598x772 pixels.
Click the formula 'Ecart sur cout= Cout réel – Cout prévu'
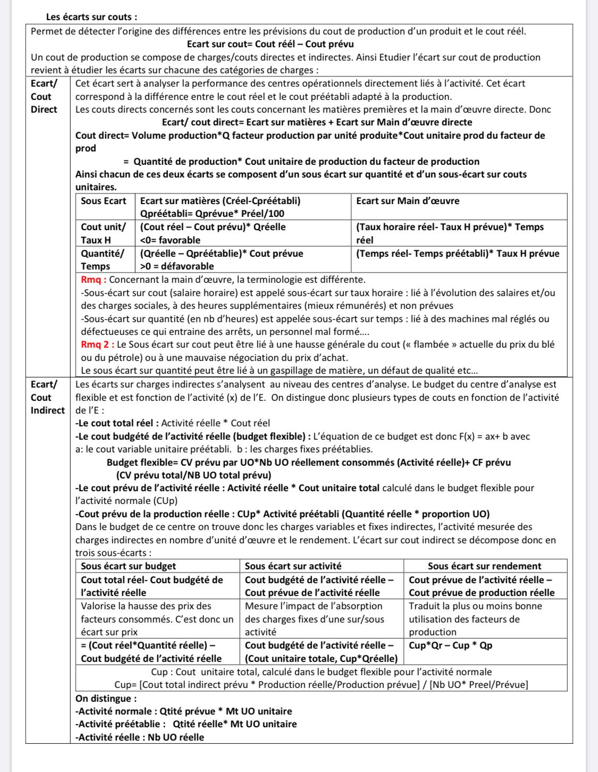(x=271, y=44)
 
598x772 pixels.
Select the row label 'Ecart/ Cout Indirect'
(x=48, y=397)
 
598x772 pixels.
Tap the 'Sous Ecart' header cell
(x=104, y=201)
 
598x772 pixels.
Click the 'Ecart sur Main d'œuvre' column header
(x=408, y=201)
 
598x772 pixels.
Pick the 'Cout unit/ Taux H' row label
(x=104, y=233)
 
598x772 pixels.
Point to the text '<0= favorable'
(x=170, y=240)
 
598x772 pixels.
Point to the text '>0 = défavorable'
(x=177, y=266)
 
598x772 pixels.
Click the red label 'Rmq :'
(x=94, y=280)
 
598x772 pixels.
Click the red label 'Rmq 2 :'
(x=97, y=345)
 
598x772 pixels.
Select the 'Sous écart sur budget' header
(x=128, y=566)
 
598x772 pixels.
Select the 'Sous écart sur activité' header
(x=293, y=566)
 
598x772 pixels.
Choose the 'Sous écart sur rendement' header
(x=484, y=566)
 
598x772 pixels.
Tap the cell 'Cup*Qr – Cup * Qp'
(x=450, y=645)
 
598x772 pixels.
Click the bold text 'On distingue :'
(x=106, y=698)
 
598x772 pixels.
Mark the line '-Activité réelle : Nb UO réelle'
(x=140, y=737)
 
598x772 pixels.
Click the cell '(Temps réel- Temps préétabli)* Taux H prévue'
(x=458, y=254)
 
